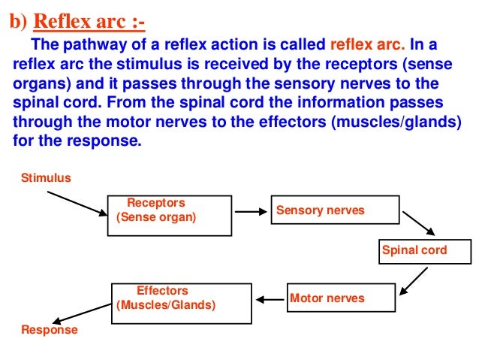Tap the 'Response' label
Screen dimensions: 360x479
click(49, 330)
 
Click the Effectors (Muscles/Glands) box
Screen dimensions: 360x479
click(181, 299)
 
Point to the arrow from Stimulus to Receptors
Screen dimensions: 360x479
click(77, 203)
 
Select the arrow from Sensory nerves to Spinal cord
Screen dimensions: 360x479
click(420, 223)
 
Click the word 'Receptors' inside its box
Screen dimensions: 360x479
click(155, 203)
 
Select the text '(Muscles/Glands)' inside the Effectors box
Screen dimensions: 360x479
click(166, 306)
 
